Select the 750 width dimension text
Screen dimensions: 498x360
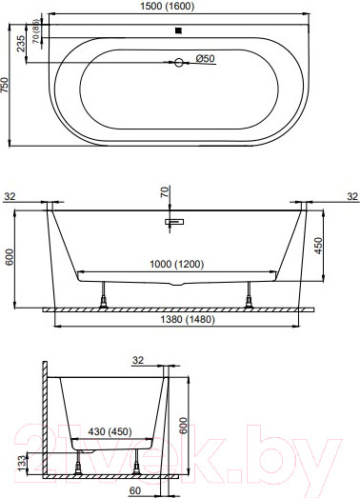pos(8,87)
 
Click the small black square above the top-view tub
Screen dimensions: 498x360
pos(177,30)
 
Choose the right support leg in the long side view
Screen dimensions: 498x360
pos(250,300)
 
